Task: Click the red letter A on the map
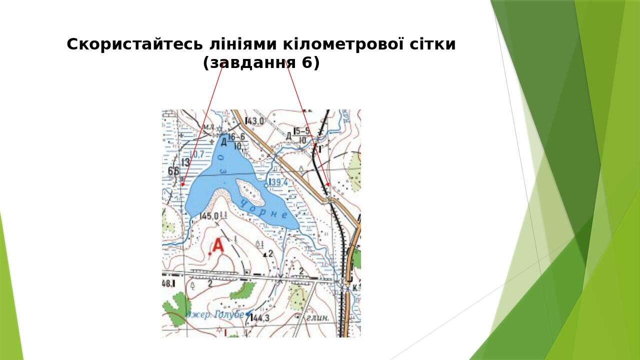pyautogui.click(x=218, y=246)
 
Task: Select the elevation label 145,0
pyautogui.click(x=208, y=216)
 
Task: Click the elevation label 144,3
pyautogui.click(x=260, y=318)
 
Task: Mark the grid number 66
pyautogui.click(x=173, y=171)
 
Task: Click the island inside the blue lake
pyautogui.click(x=248, y=189)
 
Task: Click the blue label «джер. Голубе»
pyautogui.click(x=215, y=315)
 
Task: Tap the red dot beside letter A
pyautogui.click(x=209, y=254)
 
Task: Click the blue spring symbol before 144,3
pyautogui.click(x=247, y=314)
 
